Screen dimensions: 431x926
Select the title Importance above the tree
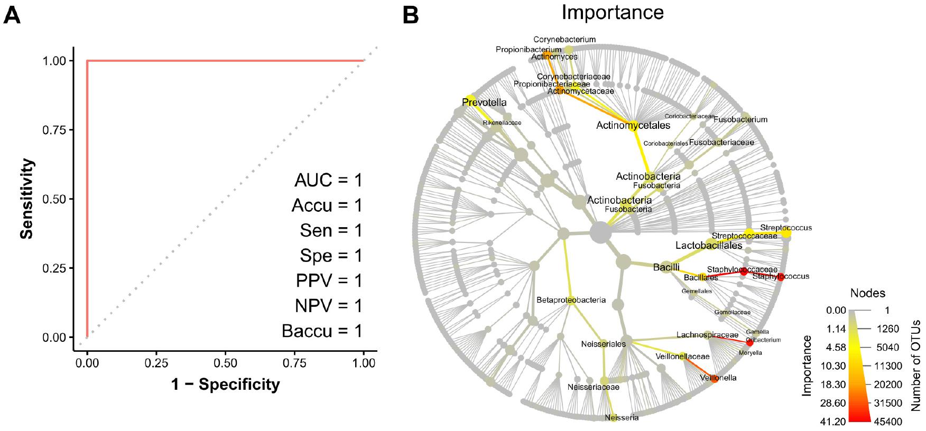612,12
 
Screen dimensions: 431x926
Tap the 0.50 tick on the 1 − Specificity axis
225,363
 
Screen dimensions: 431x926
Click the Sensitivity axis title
27,199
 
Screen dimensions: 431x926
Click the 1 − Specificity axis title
225,385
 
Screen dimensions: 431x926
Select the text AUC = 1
328,181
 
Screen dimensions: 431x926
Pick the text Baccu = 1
322,331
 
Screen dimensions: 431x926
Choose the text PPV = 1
329,280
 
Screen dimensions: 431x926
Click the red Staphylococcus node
780,277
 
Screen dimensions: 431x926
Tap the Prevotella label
484,102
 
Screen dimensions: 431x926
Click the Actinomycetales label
633,126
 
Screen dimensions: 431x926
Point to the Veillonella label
718,378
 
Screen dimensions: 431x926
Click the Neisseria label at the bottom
622,418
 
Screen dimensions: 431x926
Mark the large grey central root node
600,232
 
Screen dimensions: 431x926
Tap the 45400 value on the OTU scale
888,421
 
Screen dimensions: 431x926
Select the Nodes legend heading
867,293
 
